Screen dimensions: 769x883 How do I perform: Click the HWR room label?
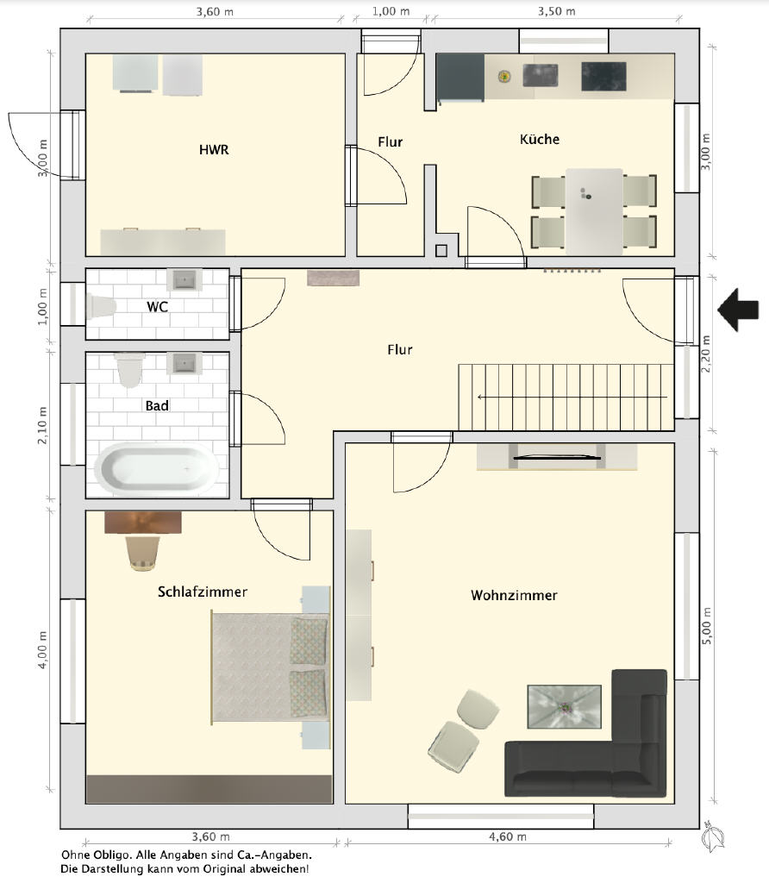pos(214,150)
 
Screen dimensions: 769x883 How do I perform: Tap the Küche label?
pos(540,139)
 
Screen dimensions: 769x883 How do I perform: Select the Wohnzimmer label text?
pos(514,595)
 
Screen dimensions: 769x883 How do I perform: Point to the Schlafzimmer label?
pos(202,592)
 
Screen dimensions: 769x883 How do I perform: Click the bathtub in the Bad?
pos(157,469)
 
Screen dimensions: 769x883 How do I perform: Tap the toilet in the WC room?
pos(101,306)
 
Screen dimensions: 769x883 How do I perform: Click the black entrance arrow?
pos(738,310)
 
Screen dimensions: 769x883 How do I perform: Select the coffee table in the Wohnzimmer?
pos(564,707)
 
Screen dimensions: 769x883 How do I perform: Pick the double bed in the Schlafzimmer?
pos(269,667)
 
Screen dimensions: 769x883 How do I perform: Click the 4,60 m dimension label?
pos(508,836)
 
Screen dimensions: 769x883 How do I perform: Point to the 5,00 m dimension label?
pos(707,626)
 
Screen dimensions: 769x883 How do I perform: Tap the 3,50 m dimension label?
pos(556,11)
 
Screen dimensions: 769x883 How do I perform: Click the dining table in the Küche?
pos(594,211)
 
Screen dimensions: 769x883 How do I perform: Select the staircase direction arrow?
pos(572,397)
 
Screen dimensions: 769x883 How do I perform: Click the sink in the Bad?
pos(184,363)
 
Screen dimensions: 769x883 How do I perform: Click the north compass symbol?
pos(712,837)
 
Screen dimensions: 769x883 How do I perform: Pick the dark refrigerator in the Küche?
pos(460,78)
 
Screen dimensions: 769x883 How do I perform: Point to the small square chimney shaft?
pos(441,251)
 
